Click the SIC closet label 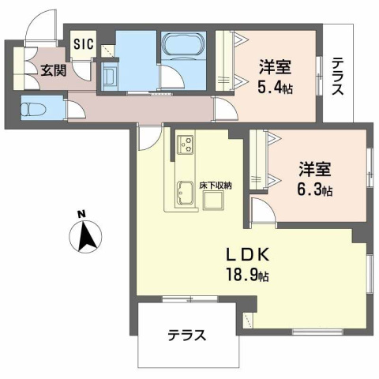coord(82,44)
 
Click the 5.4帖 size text coord(274,88)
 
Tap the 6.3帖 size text coord(315,189)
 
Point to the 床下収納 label coord(215,185)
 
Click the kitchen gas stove coord(186,144)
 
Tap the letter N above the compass coord(81,214)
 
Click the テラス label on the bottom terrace coord(186,335)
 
